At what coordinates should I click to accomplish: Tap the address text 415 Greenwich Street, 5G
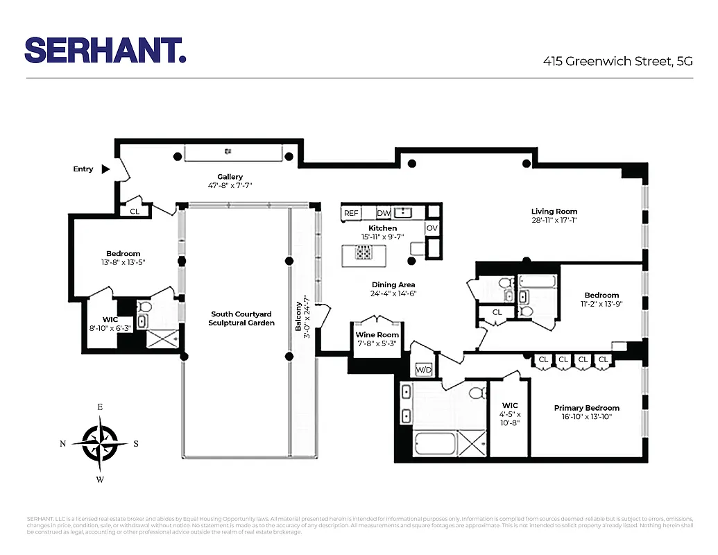tap(617, 61)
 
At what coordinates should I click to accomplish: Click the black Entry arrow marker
tap(105, 169)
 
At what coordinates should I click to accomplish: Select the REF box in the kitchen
tap(351, 213)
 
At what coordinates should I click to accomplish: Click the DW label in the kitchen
tap(382, 213)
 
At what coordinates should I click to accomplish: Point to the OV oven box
tap(432, 228)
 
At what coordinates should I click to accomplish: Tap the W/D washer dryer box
tap(422, 370)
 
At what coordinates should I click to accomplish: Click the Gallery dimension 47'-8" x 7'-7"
tap(230, 186)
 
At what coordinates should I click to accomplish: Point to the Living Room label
tap(554, 212)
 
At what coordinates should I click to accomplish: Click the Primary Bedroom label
tap(586, 408)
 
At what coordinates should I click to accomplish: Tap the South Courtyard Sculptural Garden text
tap(241, 318)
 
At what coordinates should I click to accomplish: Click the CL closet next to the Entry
tap(135, 211)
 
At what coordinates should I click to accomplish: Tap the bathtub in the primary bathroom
tap(436, 443)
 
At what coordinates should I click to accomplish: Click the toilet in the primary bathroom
tap(476, 393)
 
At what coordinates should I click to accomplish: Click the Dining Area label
tap(393, 284)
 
